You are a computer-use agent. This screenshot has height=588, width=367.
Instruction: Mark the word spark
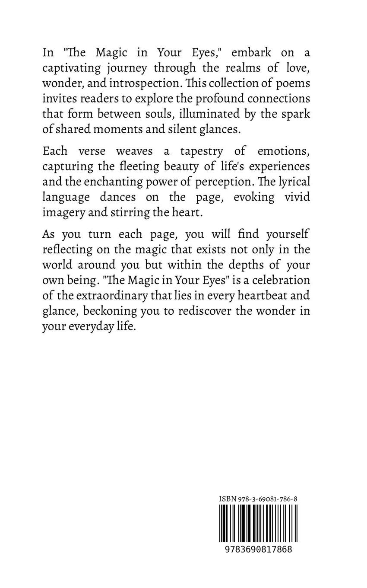(296, 114)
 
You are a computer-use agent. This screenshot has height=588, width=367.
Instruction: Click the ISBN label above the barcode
(227, 499)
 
